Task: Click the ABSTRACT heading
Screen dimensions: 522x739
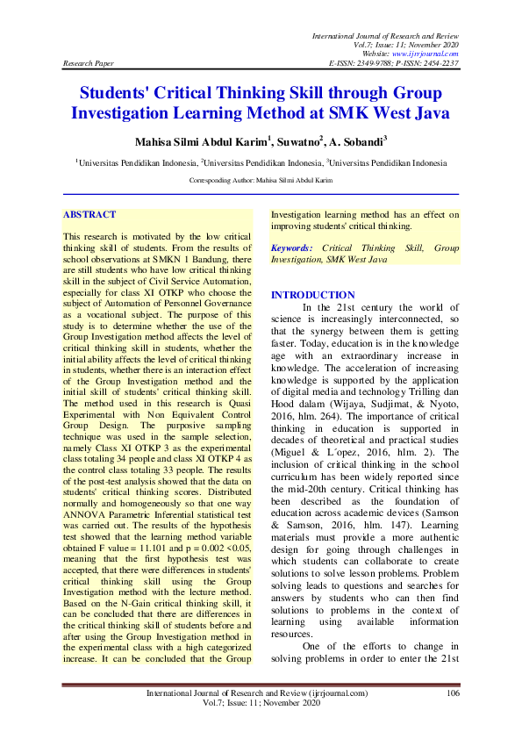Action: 89,214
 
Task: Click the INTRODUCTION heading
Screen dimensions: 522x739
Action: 313,295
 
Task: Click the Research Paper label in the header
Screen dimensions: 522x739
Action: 87,64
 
